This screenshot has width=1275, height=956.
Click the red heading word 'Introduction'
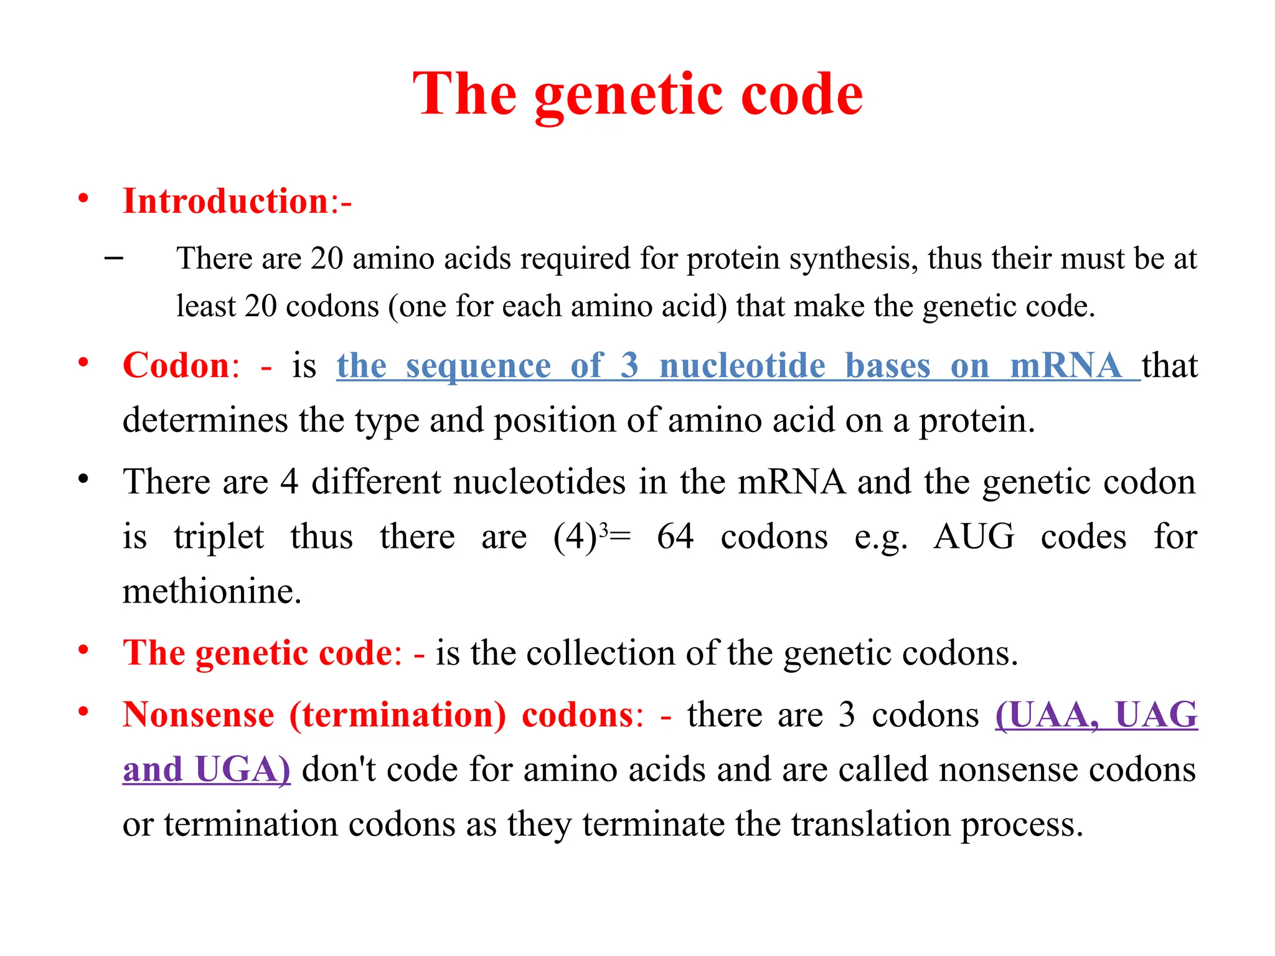(225, 202)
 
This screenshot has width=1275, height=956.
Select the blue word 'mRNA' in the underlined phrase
(1066, 365)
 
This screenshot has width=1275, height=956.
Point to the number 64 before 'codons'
(675, 537)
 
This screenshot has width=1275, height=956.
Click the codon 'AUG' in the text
(974, 537)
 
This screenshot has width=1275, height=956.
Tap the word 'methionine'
(212, 591)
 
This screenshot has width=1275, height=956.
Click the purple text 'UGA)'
(243, 769)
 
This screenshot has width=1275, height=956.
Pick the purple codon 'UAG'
(1155, 715)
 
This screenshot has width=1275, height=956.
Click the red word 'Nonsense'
(198, 715)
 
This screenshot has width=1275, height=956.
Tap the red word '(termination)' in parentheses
(398, 715)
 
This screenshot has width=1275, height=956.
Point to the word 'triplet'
(219, 537)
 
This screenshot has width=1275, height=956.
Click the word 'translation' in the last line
(871, 824)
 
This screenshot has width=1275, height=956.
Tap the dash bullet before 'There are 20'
(114, 256)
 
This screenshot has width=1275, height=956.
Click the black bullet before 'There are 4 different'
(83, 480)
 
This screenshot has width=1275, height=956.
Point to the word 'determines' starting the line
(205, 420)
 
